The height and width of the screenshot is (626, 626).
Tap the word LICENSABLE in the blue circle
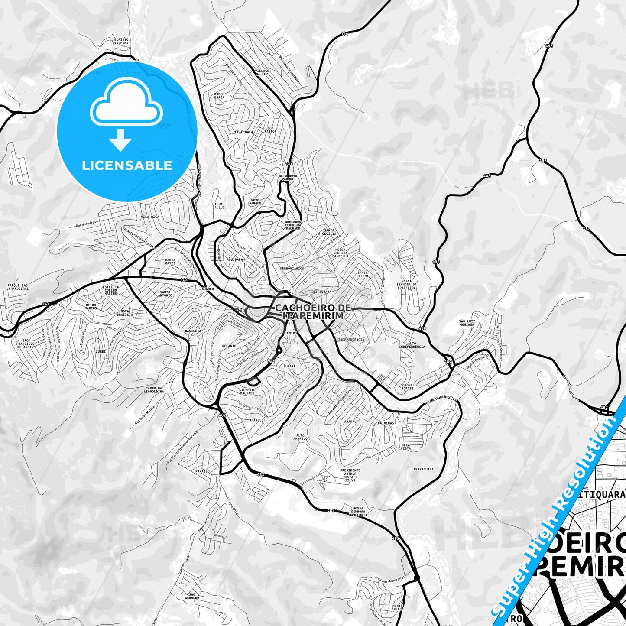(x=127, y=165)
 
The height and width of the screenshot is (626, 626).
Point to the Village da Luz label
(x=262, y=72)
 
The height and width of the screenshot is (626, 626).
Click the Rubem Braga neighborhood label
(x=219, y=96)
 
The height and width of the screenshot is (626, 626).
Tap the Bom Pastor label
(x=271, y=130)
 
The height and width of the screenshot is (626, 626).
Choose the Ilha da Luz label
(x=219, y=206)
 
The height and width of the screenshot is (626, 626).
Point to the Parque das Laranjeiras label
(x=18, y=287)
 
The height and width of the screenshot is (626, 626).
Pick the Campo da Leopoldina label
(x=154, y=389)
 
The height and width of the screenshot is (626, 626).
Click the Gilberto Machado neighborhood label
(x=247, y=391)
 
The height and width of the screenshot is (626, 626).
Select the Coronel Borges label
(x=407, y=386)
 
